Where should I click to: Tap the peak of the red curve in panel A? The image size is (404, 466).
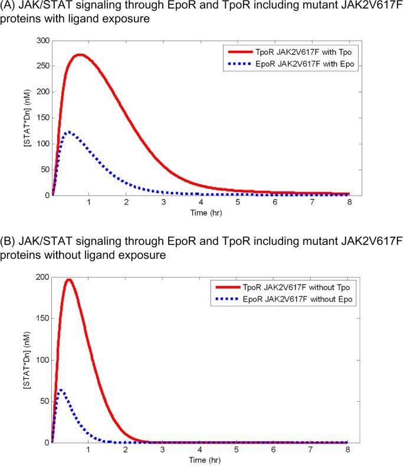(x=80, y=55)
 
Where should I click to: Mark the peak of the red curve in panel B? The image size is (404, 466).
(x=69, y=279)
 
